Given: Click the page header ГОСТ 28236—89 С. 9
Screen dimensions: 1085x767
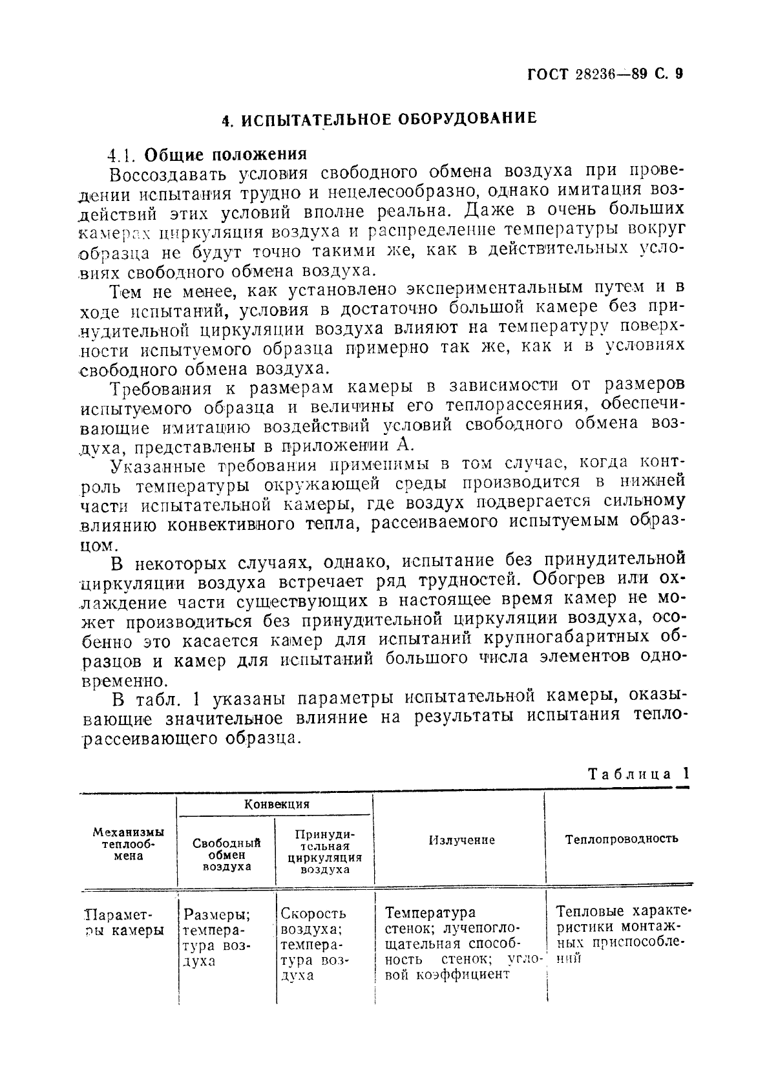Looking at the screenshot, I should pyautogui.click(x=604, y=73).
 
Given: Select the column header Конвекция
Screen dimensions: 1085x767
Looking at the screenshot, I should pyautogui.click(x=277, y=805).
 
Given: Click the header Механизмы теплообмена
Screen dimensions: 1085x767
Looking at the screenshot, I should pyautogui.click(x=127, y=844).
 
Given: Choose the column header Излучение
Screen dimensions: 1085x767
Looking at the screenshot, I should pyautogui.click(x=461, y=840).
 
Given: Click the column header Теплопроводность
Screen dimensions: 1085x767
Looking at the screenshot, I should pyautogui.click(x=621, y=839).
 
